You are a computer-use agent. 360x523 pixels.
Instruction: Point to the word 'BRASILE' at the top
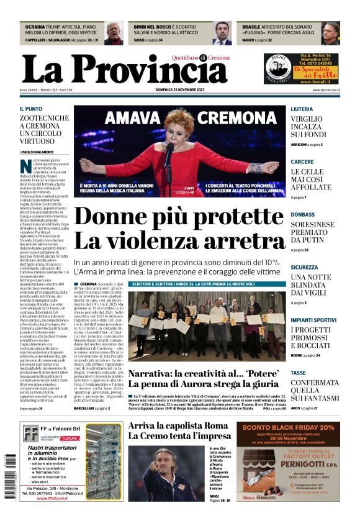pyautogui.click(x=251, y=27)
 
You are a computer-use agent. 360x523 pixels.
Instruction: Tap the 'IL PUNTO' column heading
pyautogui.click(x=31, y=109)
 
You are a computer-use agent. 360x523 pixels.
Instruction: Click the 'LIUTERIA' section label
pyautogui.click(x=302, y=109)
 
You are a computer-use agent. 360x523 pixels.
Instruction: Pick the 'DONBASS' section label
pyautogui.click(x=302, y=214)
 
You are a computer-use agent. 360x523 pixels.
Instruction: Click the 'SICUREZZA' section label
pyautogui.click(x=305, y=267)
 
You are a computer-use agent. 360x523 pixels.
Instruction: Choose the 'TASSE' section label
pyautogui.click(x=299, y=373)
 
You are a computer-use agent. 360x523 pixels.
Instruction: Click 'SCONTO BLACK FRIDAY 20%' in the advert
pyautogui.click(x=289, y=427)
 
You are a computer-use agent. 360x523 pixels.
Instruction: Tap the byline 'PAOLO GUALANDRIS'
pyautogui.click(x=37, y=152)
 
